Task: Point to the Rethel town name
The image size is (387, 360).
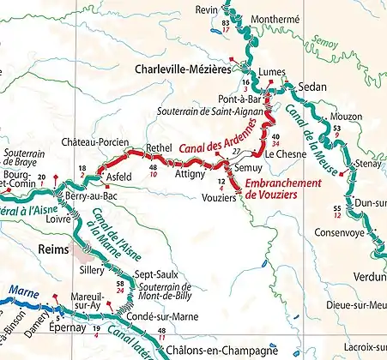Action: click(x=160, y=147)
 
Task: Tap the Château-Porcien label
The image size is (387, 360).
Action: click(x=95, y=141)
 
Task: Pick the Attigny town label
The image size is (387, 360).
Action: click(x=190, y=173)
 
